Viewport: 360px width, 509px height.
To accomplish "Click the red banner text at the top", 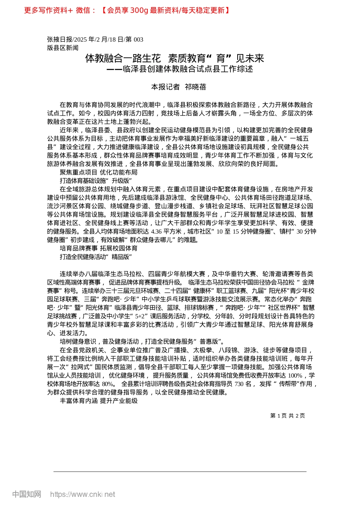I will coord(127,10).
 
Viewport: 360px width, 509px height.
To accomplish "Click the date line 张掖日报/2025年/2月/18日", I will coord(95,39).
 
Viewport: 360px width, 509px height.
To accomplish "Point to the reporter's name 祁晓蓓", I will coord(196,87).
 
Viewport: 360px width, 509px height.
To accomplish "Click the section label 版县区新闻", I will coord(63,48).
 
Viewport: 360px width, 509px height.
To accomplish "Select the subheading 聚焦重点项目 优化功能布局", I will coord(99,172).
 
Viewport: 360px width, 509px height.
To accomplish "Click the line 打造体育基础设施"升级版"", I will coord(95,181).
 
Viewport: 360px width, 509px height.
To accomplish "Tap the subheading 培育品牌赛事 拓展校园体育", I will coord(99,248).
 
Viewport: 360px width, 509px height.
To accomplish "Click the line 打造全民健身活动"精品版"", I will coord(95,257).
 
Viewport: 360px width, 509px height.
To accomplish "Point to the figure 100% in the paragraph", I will coord(296,375).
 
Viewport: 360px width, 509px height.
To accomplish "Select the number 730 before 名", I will coord(239,384).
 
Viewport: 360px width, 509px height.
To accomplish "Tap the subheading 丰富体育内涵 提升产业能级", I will coord(99,401).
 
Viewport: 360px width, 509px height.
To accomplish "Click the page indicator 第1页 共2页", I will coord(287,415).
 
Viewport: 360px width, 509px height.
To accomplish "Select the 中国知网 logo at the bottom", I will coord(27,494).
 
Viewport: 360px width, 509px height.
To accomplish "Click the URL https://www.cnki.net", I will coord(83,494).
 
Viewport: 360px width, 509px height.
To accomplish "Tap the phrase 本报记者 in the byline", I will coord(165,87).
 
